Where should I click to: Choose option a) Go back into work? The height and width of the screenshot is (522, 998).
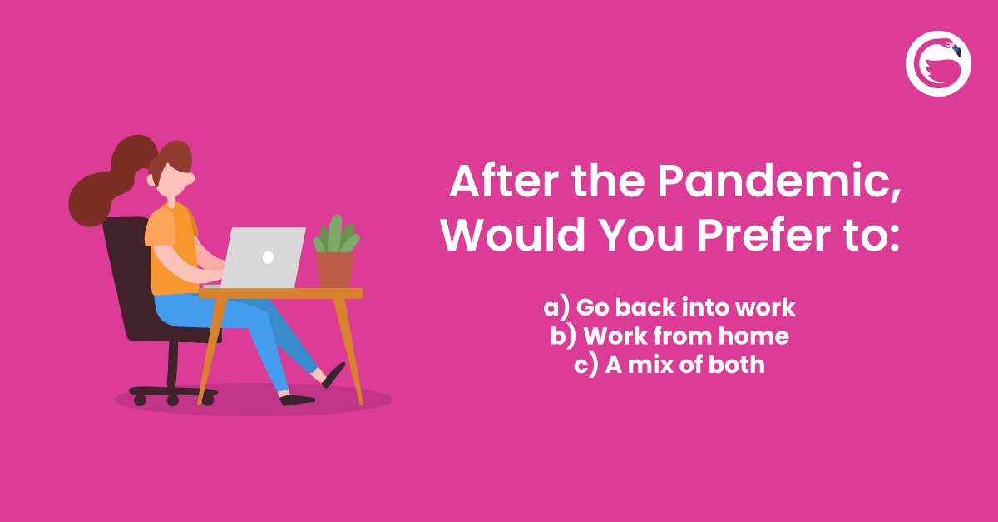click(669, 307)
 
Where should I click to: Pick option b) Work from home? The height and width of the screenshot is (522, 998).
click(669, 336)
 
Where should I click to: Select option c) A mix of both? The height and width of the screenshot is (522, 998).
click(669, 365)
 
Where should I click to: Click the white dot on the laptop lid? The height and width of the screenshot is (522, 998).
click(268, 257)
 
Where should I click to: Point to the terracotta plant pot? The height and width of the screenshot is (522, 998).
click(334, 269)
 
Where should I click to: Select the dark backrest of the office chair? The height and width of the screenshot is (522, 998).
click(125, 275)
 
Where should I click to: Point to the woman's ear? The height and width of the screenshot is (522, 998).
click(190, 178)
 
